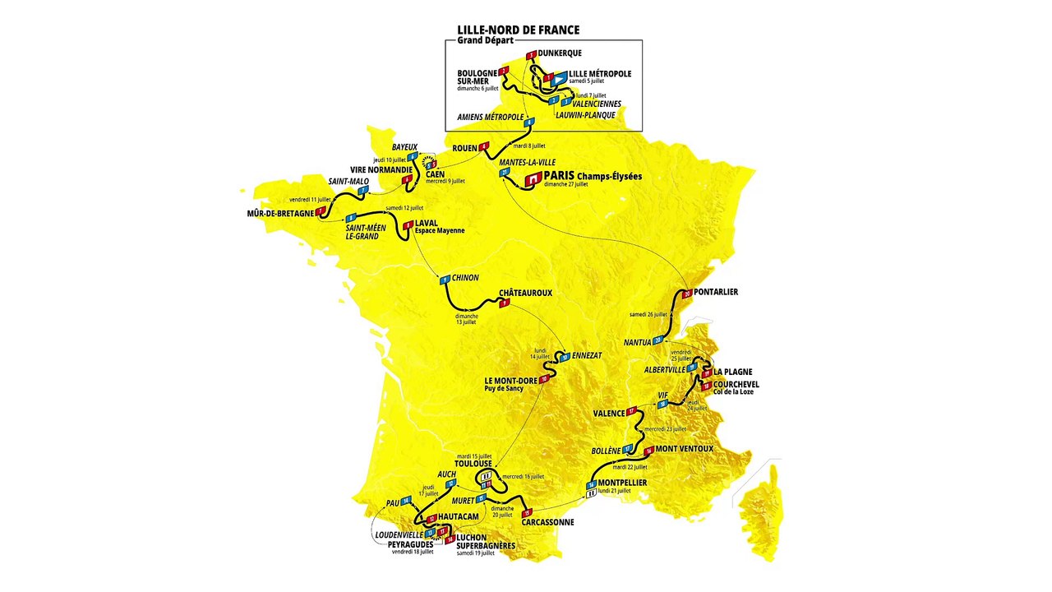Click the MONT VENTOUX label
click(x=684, y=449)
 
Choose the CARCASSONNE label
click(x=547, y=521)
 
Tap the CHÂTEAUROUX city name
click(x=525, y=293)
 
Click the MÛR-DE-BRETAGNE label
click(x=280, y=213)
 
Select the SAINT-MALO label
click(x=348, y=181)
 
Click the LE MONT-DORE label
click(x=510, y=381)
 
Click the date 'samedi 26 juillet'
click(x=648, y=314)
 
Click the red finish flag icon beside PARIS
click(x=532, y=178)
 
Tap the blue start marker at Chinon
click(x=445, y=280)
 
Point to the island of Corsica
click(x=761, y=514)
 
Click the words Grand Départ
click(x=486, y=41)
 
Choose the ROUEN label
click(x=465, y=147)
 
